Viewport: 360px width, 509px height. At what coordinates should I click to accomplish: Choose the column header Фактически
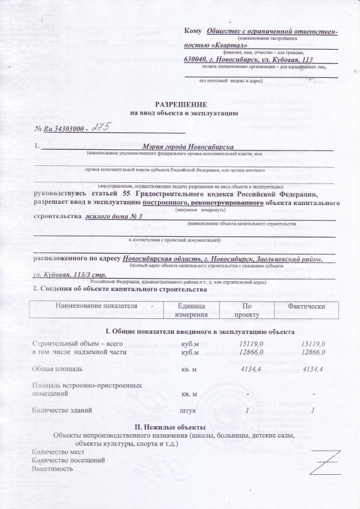[x=307, y=306]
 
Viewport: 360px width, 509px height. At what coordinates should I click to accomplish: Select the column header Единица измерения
[x=191, y=310]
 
